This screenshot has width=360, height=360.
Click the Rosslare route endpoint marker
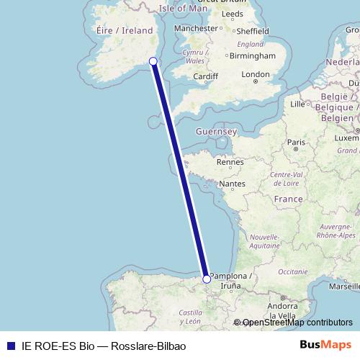pyautogui.click(x=153, y=61)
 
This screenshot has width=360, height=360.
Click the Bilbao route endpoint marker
pyautogui.click(x=207, y=279)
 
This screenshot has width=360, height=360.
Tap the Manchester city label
pyautogui.click(x=195, y=28)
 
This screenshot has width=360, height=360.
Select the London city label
pyautogui.click(x=256, y=74)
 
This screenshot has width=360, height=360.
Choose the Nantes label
pyautogui.click(x=233, y=184)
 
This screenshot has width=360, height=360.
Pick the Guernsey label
pyautogui.click(x=216, y=132)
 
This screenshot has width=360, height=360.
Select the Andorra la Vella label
pyautogui.click(x=282, y=310)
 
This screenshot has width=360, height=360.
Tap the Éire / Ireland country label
pyautogui.click(x=125, y=30)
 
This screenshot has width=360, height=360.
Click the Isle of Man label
pyautogui.click(x=183, y=9)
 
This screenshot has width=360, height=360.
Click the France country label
pyautogui.click(x=288, y=198)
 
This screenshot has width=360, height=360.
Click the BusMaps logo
pyautogui.click(x=325, y=345)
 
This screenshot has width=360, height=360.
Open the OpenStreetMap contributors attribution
pyautogui.click(x=297, y=323)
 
